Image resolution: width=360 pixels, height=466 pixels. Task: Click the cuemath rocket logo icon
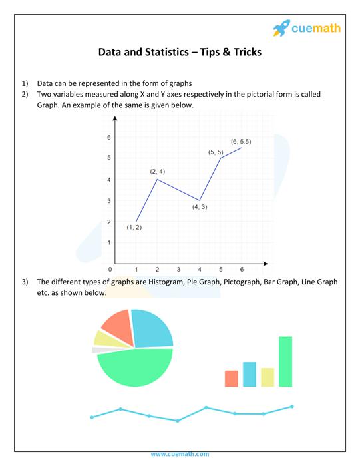[281, 28]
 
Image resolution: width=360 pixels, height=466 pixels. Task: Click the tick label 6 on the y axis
[109, 137]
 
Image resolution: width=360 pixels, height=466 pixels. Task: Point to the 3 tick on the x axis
[178, 270]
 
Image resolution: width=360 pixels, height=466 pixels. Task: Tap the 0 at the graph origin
[110, 269]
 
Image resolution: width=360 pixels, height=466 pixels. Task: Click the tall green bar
[285, 361]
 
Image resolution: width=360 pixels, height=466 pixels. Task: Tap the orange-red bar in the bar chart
[232, 378]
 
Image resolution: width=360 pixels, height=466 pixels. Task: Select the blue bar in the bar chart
[250, 374]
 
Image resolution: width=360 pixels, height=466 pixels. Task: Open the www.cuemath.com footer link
[180, 454]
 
